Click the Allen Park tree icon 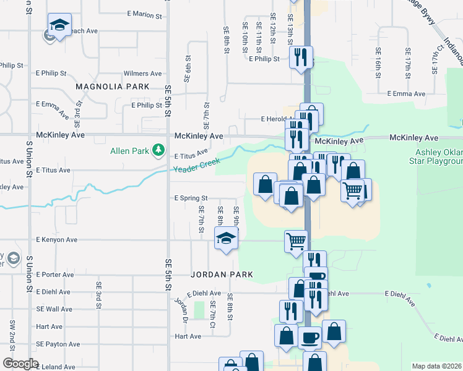click(x=159, y=150)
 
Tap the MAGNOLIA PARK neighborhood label click(x=113, y=87)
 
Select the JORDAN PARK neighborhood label click(x=214, y=273)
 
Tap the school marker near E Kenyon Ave click(x=226, y=239)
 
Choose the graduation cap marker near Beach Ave click(x=59, y=26)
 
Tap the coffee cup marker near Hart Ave click(x=310, y=338)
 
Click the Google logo click(x=20, y=364)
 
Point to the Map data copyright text click(x=436, y=366)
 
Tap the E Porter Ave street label click(x=55, y=275)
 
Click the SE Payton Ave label click(x=58, y=344)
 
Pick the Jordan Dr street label click(x=181, y=309)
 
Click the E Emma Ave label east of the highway click(x=406, y=94)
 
